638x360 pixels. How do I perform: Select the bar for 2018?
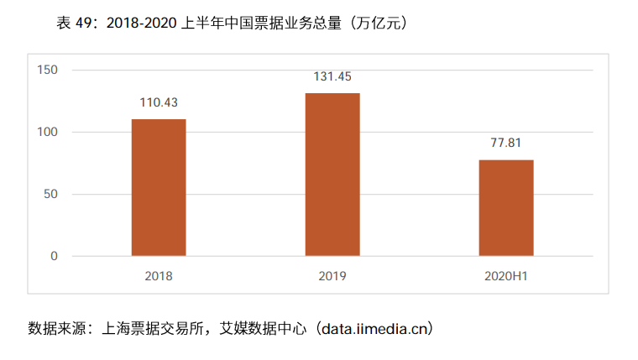tap(159, 187)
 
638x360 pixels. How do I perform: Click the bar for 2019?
tap(332, 174)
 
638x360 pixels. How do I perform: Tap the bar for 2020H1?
tap(506, 207)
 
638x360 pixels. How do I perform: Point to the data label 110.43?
tap(159, 103)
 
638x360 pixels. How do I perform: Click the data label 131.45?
tap(332, 76)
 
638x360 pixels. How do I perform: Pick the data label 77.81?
tap(506, 143)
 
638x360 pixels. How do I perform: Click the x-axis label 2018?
tap(159, 275)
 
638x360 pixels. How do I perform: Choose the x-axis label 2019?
tap(332, 275)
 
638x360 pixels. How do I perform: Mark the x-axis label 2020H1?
tap(506, 275)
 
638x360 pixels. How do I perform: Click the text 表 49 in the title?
tap(76, 23)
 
